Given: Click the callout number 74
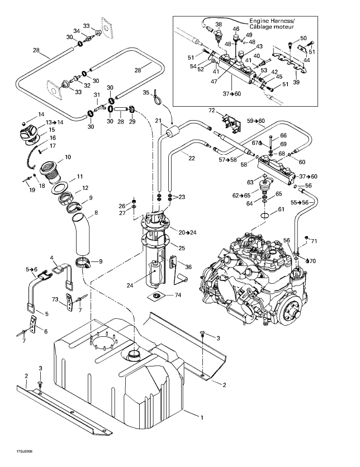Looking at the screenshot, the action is coord(178,295).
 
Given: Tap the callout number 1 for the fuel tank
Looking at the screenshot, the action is coord(202,417).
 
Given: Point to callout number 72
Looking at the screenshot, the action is coord(211,111).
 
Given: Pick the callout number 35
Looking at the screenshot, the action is coord(146,92).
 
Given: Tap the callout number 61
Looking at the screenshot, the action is coord(281,209).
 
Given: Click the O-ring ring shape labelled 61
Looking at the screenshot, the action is coord(265,215).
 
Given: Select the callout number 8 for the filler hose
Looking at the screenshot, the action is coord(96,213).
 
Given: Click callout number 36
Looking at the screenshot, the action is coord(188,267).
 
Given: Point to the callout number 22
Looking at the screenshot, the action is coord(192,158).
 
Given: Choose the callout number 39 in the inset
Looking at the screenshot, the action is coord(296,82).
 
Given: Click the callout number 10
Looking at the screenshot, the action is coord(68,156).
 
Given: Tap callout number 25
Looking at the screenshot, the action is coord(182,248).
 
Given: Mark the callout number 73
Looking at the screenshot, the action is coord(55,299).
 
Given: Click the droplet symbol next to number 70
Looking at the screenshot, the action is coord(307,260).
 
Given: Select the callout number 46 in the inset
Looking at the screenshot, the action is coord(236,29).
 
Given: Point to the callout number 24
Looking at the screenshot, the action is coord(130,285).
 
